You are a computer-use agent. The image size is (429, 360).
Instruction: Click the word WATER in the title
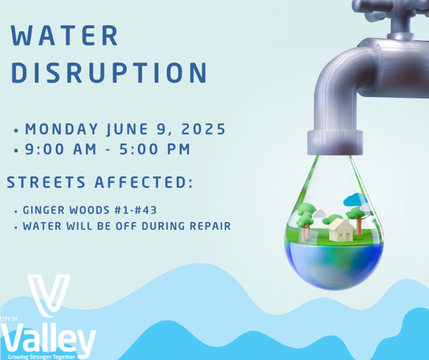[x=64, y=35]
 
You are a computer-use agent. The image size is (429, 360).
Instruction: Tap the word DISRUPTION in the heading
[x=109, y=73]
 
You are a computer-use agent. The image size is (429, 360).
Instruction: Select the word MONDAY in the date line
[x=62, y=129]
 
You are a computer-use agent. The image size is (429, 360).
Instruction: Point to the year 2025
[x=203, y=129]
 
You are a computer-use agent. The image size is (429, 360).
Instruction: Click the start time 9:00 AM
[x=61, y=149]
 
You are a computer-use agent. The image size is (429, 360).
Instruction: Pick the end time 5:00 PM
[x=155, y=149]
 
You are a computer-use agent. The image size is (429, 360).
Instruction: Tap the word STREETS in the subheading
[x=46, y=182]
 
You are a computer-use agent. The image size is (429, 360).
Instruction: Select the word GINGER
[x=44, y=210]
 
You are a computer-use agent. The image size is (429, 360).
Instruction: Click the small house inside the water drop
[x=341, y=230]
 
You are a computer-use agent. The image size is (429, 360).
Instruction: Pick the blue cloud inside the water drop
[x=355, y=199]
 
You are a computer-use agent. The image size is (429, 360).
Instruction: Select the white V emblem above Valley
[x=49, y=295]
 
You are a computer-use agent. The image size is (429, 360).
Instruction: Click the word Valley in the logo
[x=48, y=340]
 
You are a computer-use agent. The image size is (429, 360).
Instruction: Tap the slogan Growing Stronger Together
[x=41, y=357]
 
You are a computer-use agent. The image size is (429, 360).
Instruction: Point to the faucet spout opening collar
[x=335, y=143]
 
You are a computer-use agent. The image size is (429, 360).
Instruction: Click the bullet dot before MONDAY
[x=16, y=130]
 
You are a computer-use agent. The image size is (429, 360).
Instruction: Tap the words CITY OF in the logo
[x=9, y=319]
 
